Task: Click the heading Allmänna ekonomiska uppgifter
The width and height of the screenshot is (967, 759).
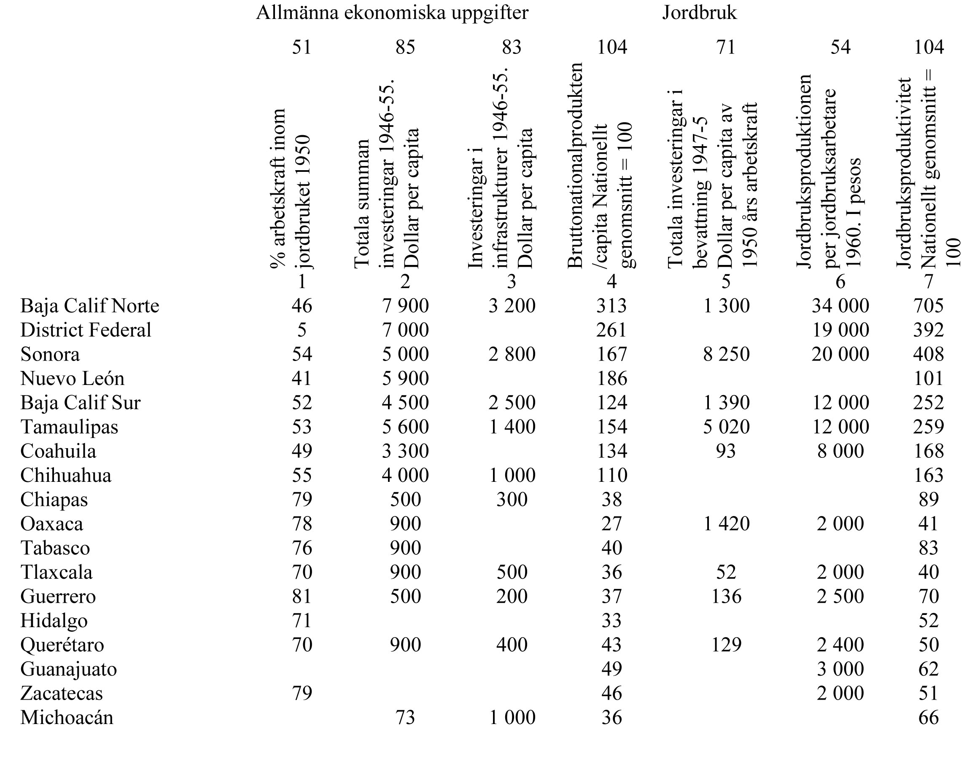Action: [392, 13]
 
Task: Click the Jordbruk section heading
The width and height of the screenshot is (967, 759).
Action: [699, 13]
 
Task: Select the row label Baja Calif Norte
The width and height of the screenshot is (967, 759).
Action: [89, 306]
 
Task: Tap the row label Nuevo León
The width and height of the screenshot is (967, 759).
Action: [72, 379]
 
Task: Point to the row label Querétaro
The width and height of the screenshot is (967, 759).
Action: [62, 645]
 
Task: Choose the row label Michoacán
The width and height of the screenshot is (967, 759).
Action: [67, 718]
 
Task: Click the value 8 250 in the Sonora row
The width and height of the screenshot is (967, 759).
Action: [726, 354]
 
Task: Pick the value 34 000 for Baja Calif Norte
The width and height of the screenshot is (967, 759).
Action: [840, 306]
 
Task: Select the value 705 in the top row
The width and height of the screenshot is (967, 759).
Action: [928, 306]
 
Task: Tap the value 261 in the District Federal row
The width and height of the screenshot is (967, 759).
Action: [611, 330]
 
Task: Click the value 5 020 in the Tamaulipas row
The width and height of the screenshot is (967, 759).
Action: [726, 427]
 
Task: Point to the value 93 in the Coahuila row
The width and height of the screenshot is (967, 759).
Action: [726, 451]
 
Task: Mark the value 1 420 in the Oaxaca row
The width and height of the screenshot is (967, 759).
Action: [726, 524]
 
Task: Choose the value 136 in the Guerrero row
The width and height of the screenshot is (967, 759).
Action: [726, 596]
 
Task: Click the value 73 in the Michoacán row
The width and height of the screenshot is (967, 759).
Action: [405, 718]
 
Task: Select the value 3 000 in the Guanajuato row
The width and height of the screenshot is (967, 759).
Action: [840, 669]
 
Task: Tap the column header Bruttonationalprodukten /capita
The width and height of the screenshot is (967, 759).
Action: [601, 167]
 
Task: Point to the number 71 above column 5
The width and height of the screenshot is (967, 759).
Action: [726, 47]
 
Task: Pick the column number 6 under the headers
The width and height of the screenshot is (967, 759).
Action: [840, 282]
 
